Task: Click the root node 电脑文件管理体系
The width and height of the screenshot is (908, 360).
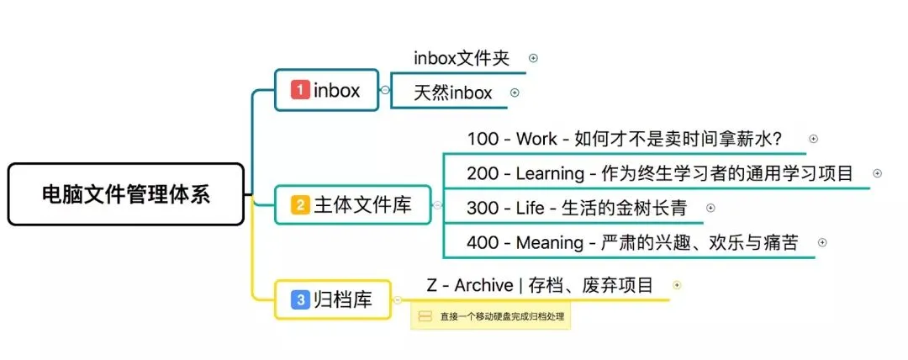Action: coord(126,194)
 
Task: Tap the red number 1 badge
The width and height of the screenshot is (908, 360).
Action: coord(300,90)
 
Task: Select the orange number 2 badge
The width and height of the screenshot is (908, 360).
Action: coord(300,204)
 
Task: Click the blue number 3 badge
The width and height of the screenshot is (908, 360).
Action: coord(300,299)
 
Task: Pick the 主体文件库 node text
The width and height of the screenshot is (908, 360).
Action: coord(362,204)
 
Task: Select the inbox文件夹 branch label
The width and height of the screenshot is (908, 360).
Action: coord(462,58)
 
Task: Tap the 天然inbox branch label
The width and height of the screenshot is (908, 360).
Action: coord(453,93)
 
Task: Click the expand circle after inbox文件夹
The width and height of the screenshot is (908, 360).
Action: coord(533,58)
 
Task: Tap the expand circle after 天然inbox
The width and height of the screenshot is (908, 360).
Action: coord(515,93)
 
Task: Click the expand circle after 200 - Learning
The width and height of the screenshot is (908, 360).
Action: coord(877,173)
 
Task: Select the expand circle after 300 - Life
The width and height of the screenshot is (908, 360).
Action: coord(710,208)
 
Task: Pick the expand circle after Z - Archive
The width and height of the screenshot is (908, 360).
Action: coord(677,285)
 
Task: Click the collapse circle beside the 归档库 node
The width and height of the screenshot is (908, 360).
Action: coord(397,300)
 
